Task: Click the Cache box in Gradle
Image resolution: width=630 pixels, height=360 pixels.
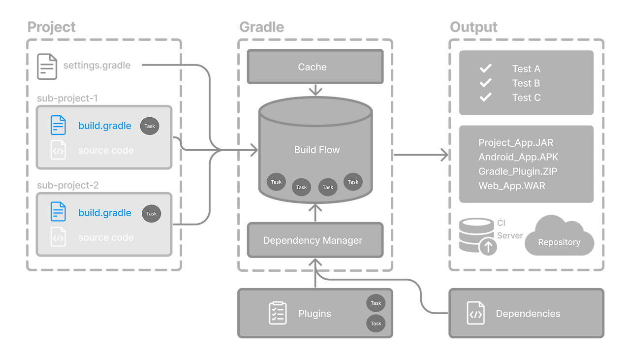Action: pyautogui.click(x=315, y=67)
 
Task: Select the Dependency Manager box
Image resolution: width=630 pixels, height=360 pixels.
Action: pyautogui.click(x=315, y=240)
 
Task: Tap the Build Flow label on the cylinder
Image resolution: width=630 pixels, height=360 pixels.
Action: pyautogui.click(x=317, y=150)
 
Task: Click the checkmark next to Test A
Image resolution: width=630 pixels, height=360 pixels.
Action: pyautogui.click(x=486, y=68)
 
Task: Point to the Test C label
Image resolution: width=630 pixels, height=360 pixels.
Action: pyautogui.click(x=526, y=98)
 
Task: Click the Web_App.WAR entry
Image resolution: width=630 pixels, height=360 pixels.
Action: pyautogui.click(x=512, y=186)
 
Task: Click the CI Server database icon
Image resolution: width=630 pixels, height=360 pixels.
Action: pyautogui.click(x=476, y=236)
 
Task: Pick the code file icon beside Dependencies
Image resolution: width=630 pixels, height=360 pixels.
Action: pyautogui.click(x=475, y=314)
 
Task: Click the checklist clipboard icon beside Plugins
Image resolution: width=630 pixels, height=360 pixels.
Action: pyautogui.click(x=278, y=313)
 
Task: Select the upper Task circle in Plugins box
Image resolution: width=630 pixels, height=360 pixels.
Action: pyautogui.click(x=376, y=303)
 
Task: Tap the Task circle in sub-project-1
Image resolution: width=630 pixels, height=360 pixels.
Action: pyautogui.click(x=150, y=126)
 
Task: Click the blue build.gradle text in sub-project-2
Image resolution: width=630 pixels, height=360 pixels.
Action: pyautogui.click(x=105, y=213)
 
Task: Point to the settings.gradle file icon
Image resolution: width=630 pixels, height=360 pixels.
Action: pyautogui.click(x=46, y=66)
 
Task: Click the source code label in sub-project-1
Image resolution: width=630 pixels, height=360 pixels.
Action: pyautogui.click(x=106, y=151)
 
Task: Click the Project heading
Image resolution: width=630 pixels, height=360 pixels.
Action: pyautogui.click(x=52, y=27)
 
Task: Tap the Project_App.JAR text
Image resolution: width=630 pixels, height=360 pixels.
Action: pyautogui.click(x=516, y=143)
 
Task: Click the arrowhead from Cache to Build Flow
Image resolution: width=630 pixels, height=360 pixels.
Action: pyautogui.click(x=315, y=91)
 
